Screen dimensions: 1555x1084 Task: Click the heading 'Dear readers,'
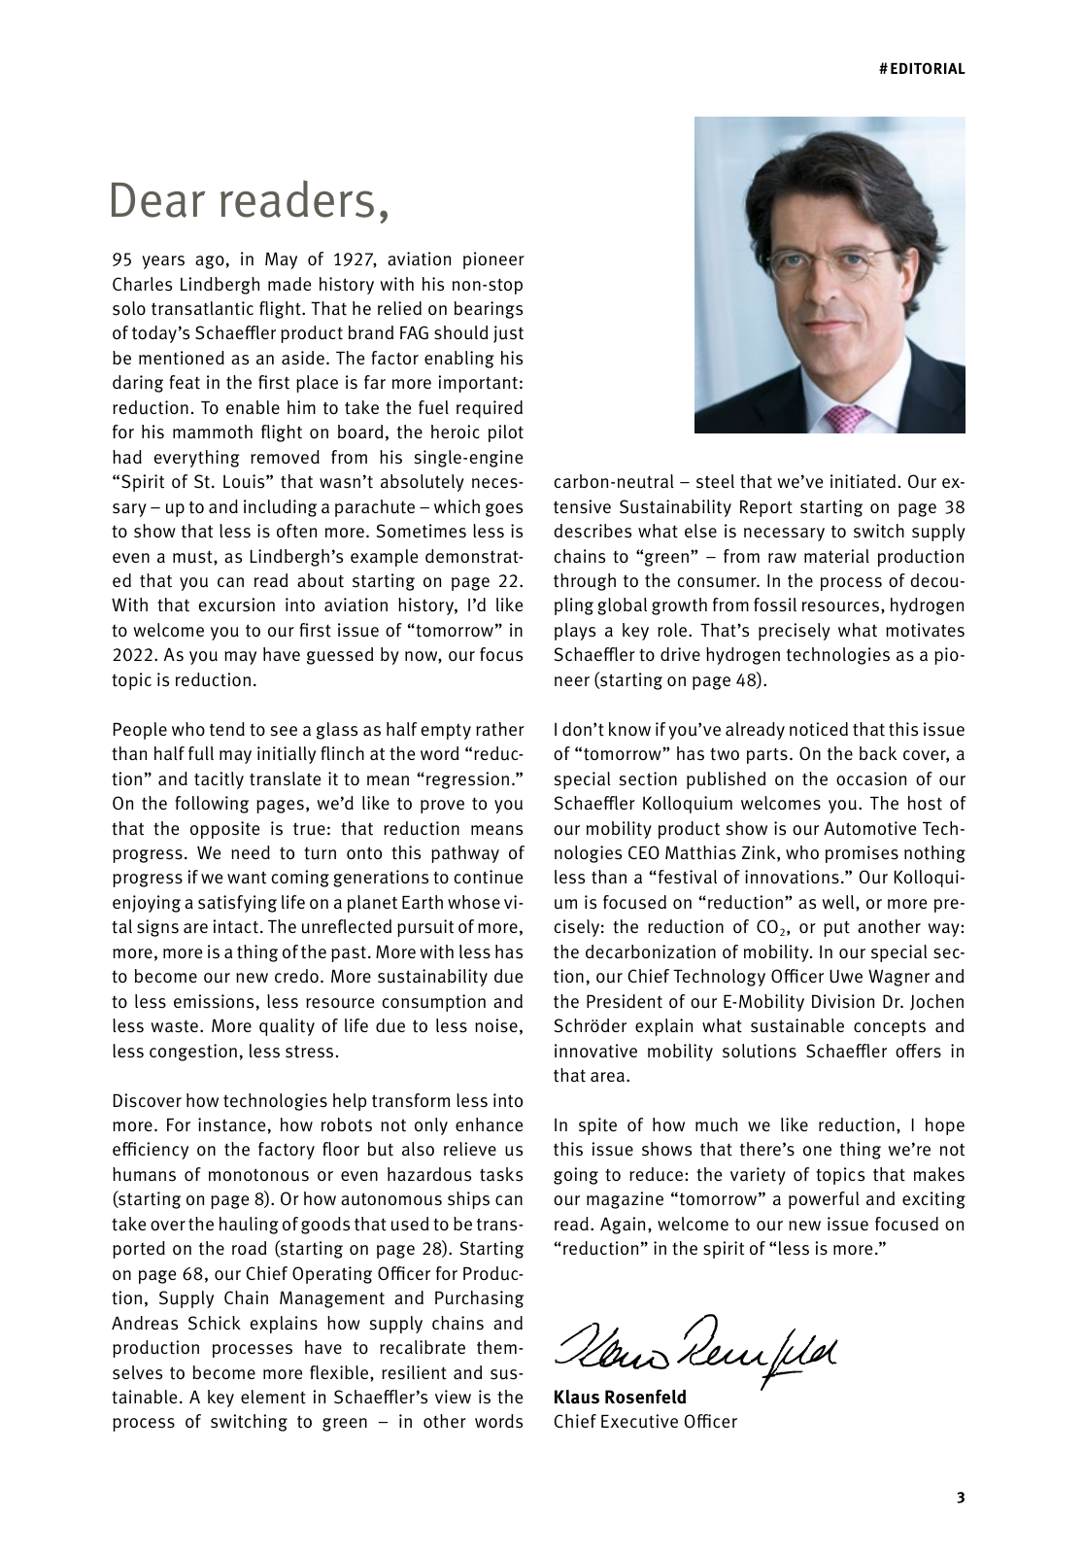250,201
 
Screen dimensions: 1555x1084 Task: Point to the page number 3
961,1497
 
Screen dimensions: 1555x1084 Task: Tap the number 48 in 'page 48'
746,680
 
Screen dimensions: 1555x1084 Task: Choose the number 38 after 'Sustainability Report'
954,507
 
